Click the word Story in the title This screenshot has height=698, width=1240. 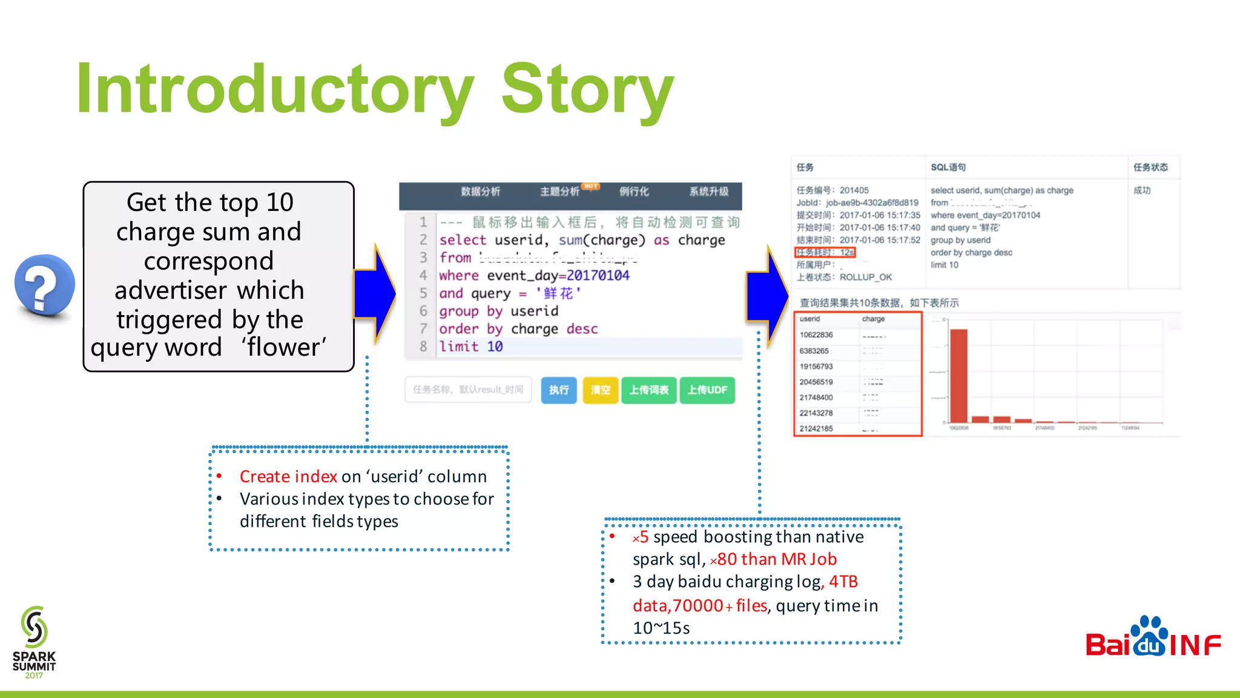point(587,90)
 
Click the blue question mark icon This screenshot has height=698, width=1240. point(44,285)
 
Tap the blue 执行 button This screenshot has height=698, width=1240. point(558,390)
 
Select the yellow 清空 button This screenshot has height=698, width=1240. point(600,390)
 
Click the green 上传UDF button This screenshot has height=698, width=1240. point(707,390)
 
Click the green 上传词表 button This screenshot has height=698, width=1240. point(648,390)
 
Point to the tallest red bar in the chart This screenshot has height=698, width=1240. point(958,376)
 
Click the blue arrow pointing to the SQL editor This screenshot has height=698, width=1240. point(375,294)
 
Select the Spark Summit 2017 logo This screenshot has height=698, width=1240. point(34,642)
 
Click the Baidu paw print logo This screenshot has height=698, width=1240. point(1149,636)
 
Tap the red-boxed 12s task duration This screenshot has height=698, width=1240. point(825,252)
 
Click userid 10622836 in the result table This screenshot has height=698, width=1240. point(816,335)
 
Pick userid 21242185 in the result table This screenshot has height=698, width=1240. point(816,428)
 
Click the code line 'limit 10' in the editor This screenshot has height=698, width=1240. point(471,347)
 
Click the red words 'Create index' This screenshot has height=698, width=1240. point(288,476)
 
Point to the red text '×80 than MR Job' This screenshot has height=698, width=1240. point(773,559)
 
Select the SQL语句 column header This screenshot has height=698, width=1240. point(948,167)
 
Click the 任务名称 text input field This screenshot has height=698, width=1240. point(468,390)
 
